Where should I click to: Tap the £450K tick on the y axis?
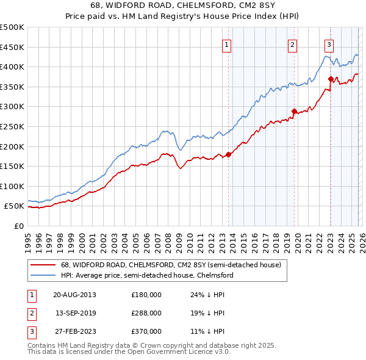click(x=12, y=47)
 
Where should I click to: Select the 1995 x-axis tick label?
click(x=28, y=238)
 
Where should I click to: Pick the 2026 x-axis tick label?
click(x=362, y=238)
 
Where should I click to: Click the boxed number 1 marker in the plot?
click(x=226, y=44)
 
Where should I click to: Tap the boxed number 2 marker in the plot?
click(x=293, y=44)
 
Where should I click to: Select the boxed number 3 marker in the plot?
click(x=329, y=44)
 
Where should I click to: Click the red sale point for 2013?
click(x=228, y=154)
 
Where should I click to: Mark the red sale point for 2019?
click(x=294, y=111)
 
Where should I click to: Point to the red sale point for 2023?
click(x=331, y=79)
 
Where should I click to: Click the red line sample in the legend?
click(x=43, y=265)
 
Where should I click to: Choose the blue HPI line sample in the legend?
click(x=43, y=276)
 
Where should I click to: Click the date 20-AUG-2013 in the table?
click(x=74, y=295)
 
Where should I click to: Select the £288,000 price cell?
click(x=146, y=313)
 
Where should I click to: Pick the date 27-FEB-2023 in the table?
click(x=74, y=331)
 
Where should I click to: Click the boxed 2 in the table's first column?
click(x=30, y=313)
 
